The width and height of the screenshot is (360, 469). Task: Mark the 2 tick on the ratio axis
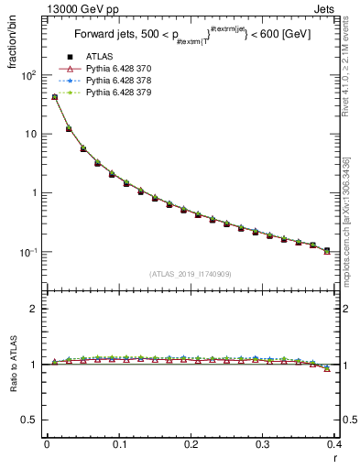point(34,309)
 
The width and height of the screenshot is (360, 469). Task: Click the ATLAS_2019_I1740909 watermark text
point(190,274)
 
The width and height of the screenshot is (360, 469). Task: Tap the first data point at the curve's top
point(54,96)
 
